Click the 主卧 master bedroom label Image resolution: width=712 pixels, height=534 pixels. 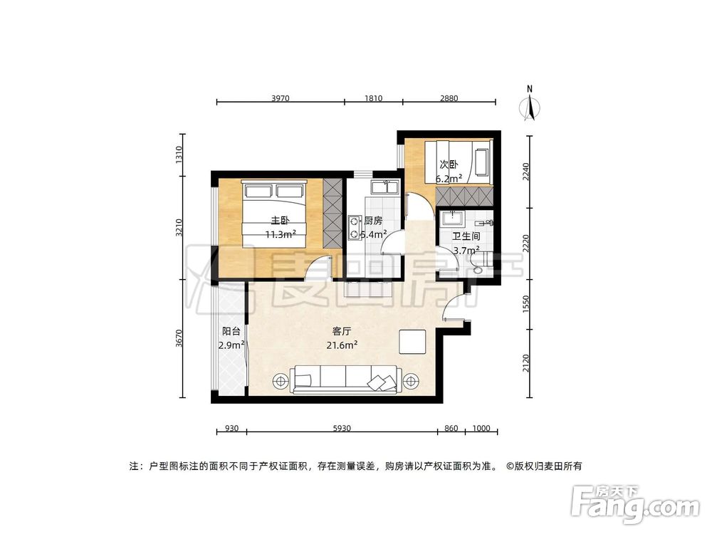pos(278,220)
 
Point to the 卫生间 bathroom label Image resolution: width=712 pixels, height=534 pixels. pos(466,236)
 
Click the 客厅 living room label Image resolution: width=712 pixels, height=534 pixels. pos(343,331)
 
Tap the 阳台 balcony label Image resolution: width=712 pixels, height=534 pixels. pos(231,331)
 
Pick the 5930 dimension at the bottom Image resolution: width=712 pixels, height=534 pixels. pos(342,429)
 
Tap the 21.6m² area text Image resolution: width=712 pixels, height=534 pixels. pos(343,345)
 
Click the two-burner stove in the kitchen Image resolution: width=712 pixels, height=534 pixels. pos(354,226)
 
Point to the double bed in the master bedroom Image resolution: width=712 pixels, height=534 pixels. pos(275,214)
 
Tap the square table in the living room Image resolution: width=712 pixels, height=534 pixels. pos(412,342)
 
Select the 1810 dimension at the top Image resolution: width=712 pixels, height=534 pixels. pos(372,98)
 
